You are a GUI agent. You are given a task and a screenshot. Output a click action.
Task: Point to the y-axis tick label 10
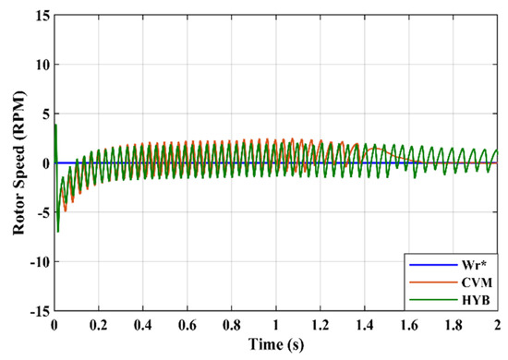tap(41, 66)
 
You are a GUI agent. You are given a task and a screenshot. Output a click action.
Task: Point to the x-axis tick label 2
tap(497, 324)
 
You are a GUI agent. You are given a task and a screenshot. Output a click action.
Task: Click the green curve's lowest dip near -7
tap(58, 231)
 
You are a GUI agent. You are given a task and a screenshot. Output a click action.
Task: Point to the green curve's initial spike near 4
tap(55, 125)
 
